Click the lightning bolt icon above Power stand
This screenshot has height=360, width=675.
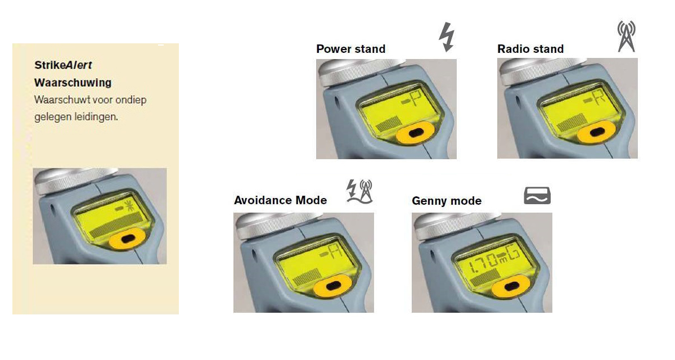pos(447,37)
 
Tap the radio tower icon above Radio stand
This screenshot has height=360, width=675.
pos(626,36)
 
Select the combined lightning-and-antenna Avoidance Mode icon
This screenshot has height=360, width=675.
pos(359,192)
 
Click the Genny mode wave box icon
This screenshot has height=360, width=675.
pos(537,196)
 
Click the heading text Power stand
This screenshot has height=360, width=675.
pos(351,49)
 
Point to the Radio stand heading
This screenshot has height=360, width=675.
pos(530,49)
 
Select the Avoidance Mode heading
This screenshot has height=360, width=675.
pos(280,200)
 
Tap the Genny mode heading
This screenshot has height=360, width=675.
pos(447,201)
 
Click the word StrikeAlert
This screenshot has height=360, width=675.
pos(63,65)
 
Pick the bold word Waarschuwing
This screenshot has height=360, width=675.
pos(73,83)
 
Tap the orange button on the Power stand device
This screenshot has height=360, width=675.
pos(415,132)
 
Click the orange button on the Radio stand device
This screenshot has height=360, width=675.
pos(596,132)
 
